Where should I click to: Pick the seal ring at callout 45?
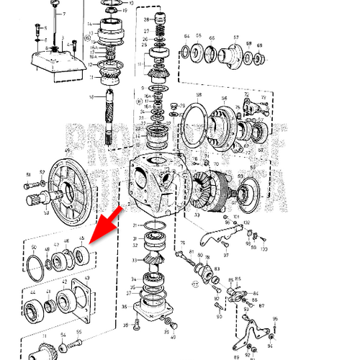pyautogui.click(x=83, y=253)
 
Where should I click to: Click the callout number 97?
pyautogui.click(x=226, y=254)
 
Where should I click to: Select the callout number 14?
pyautogui.click(x=90, y=24)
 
